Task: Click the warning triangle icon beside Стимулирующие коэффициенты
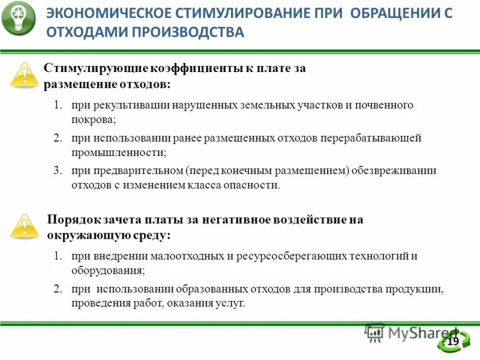pyautogui.click(x=25, y=75)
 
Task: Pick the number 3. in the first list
pyautogui.click(x=58, y=170)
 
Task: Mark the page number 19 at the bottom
pyautogui.click(x=453, y=341)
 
